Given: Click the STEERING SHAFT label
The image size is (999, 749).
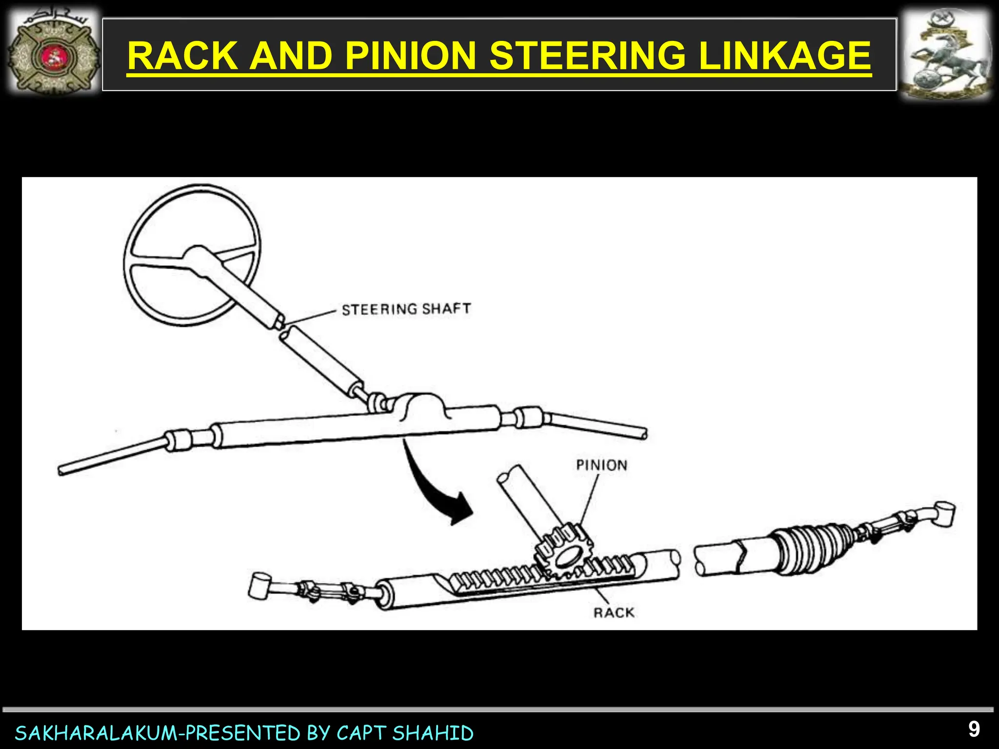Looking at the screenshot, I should click(406, 309).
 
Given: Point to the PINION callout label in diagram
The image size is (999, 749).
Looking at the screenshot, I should click(601, 465).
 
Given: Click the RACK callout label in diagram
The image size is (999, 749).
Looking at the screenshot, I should click(614, 612).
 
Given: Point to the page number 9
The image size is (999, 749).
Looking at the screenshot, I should click(974, 729).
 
